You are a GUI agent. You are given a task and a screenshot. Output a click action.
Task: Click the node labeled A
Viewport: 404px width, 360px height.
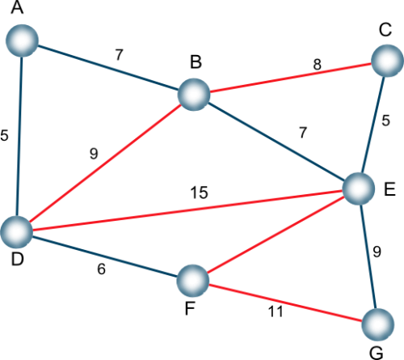point(22,40)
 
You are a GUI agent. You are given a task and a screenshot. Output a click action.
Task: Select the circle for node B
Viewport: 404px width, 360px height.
point(194,95)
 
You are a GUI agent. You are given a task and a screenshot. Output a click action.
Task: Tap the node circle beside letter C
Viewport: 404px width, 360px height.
point(387,61)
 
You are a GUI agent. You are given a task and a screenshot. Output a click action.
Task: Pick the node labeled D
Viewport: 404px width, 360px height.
point(17,231)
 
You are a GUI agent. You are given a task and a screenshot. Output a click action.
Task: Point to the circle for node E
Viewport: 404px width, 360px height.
point(359,188)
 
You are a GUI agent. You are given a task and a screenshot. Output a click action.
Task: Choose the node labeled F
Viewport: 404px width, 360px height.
point(193,281)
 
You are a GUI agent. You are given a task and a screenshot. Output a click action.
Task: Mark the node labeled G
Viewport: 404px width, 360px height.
point(378,324)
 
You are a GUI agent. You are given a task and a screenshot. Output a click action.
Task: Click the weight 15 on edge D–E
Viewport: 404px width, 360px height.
point(199,193)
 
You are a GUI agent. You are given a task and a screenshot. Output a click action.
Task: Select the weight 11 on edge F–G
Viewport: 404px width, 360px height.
point(276,311)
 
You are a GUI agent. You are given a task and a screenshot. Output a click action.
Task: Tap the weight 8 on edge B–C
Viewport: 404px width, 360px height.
point(318,65)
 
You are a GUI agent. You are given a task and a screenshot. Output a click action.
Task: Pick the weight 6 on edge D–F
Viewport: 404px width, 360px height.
point(101,269)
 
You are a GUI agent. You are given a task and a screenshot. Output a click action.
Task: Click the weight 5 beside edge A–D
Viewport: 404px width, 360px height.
point(4,135)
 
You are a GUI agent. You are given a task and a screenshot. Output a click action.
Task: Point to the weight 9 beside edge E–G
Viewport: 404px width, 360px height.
point(377,252)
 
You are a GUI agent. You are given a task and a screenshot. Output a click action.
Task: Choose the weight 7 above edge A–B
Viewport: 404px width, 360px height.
point(119,55)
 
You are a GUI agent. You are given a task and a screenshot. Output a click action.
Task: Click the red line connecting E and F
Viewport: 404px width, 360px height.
point(275,234)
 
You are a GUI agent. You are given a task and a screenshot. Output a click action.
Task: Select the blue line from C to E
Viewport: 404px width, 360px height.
point(373,125)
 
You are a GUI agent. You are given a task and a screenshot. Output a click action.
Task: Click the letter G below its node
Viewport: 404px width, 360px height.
point(376,353)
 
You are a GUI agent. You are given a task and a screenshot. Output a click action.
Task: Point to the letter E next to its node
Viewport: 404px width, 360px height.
point(389,189)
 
